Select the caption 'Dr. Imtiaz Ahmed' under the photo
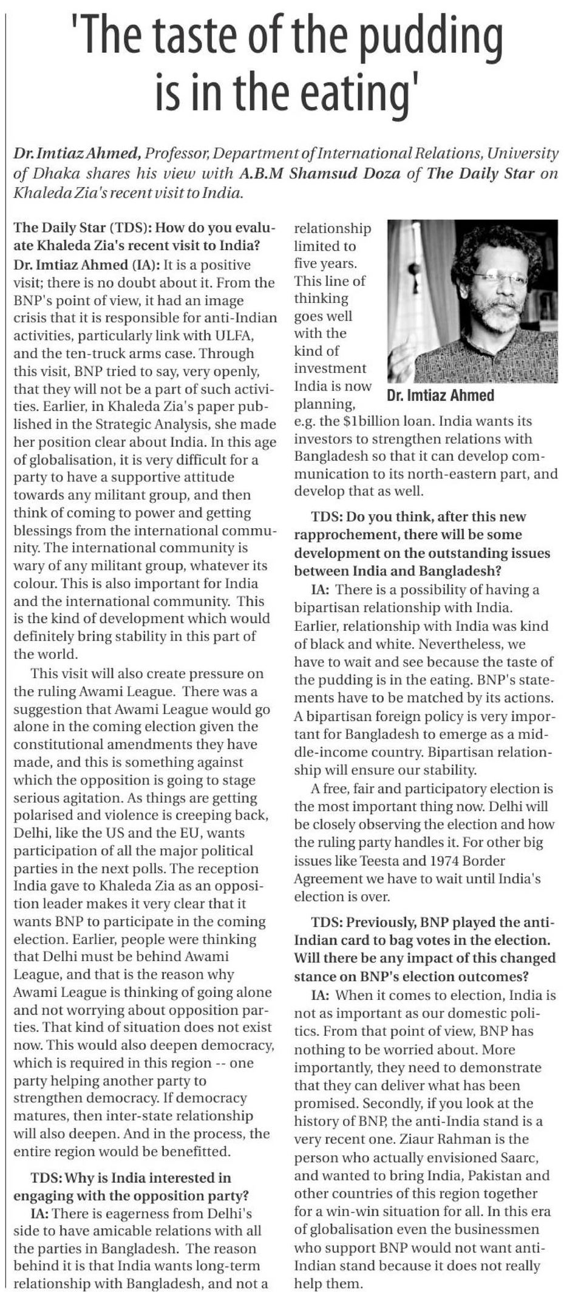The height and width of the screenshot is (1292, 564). coord(440,395)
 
